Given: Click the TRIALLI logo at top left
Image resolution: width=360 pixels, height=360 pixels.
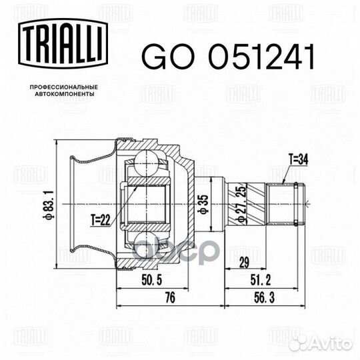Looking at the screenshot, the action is click(63, 43).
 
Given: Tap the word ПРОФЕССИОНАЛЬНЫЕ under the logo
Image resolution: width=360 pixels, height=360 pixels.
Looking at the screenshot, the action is click(64, 87).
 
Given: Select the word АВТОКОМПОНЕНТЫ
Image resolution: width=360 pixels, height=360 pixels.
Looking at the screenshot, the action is click(65, 94).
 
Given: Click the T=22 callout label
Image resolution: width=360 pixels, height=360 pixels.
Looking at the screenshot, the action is click(101, 220).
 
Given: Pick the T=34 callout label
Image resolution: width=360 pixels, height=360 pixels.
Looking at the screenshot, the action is click(299, 159).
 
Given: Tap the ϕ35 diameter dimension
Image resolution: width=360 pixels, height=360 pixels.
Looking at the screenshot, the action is click(203, 204).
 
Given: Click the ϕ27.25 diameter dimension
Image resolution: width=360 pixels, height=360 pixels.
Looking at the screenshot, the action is click(241, 204).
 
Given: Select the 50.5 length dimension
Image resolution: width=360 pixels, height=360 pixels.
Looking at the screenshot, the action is click(152, 280).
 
